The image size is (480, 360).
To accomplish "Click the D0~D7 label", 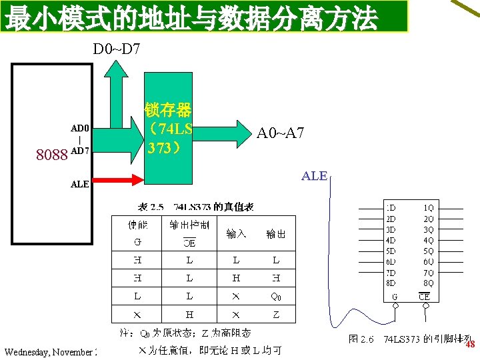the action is [117, 49].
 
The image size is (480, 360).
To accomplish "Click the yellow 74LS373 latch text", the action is [168, 127].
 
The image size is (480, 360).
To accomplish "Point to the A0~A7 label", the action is [280, 133].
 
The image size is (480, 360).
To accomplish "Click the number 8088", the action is [51, 156].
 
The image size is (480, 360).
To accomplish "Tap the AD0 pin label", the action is [80, 128].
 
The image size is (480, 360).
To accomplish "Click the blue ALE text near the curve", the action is [314, 176].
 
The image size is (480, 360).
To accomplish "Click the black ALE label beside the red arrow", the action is [80, 185].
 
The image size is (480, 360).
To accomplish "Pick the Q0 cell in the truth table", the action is [276, 295].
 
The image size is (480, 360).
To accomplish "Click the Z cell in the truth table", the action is [276, 314].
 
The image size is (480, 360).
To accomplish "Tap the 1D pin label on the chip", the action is [391, 207].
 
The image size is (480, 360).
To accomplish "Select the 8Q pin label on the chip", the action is [428, 283].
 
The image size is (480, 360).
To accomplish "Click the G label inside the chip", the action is [395, 297].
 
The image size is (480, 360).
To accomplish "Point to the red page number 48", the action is [469, 345].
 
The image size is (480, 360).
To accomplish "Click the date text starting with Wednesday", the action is [51, 351].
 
